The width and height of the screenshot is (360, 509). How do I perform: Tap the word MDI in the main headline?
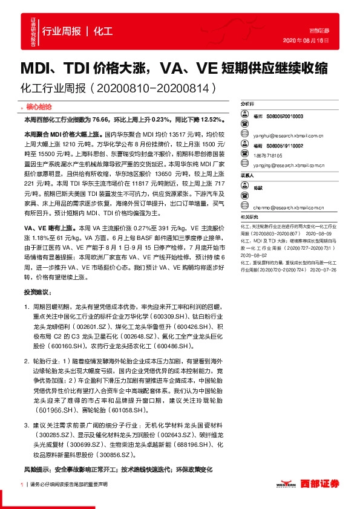[x=39, y=67]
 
